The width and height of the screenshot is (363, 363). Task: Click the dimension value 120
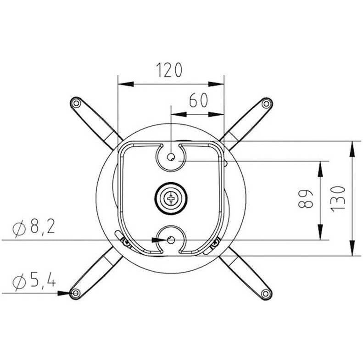(x=169, y=70)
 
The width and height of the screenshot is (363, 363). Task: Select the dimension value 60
(x=198, y=100)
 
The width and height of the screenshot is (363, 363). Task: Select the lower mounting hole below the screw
(x=171, y=240)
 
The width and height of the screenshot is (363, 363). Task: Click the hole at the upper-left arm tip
(x=76, y=103)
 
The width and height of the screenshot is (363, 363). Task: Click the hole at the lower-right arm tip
(x=265, y=293)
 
